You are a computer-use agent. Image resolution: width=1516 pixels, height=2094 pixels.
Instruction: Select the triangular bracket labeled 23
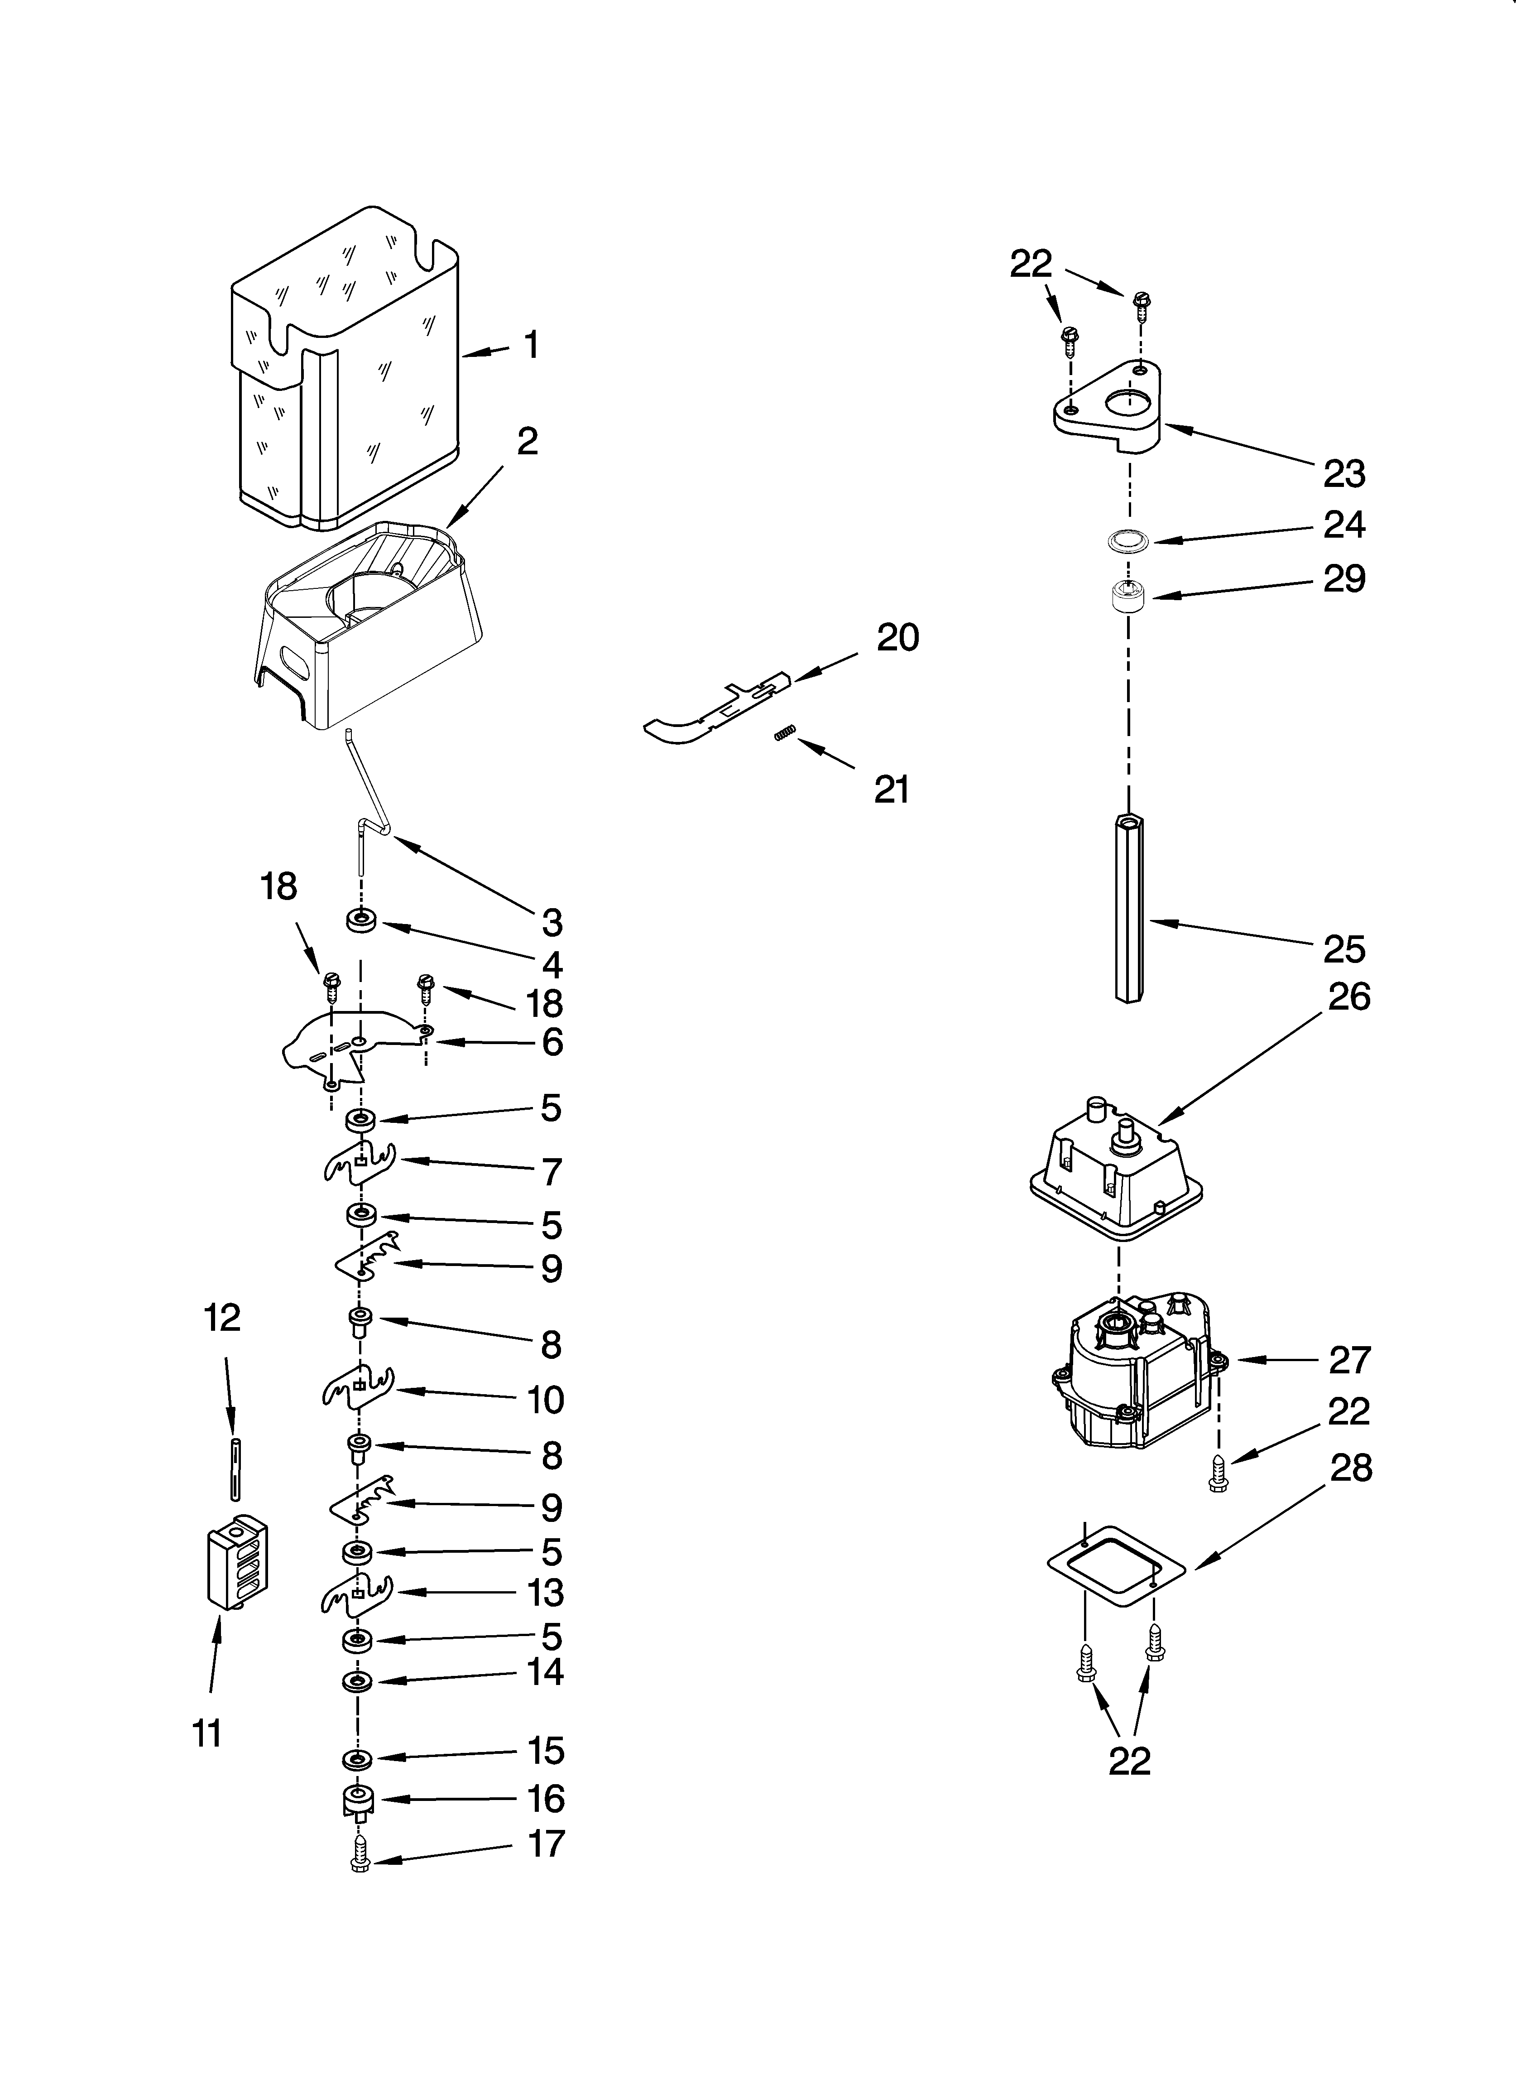tap(1108, 406)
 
